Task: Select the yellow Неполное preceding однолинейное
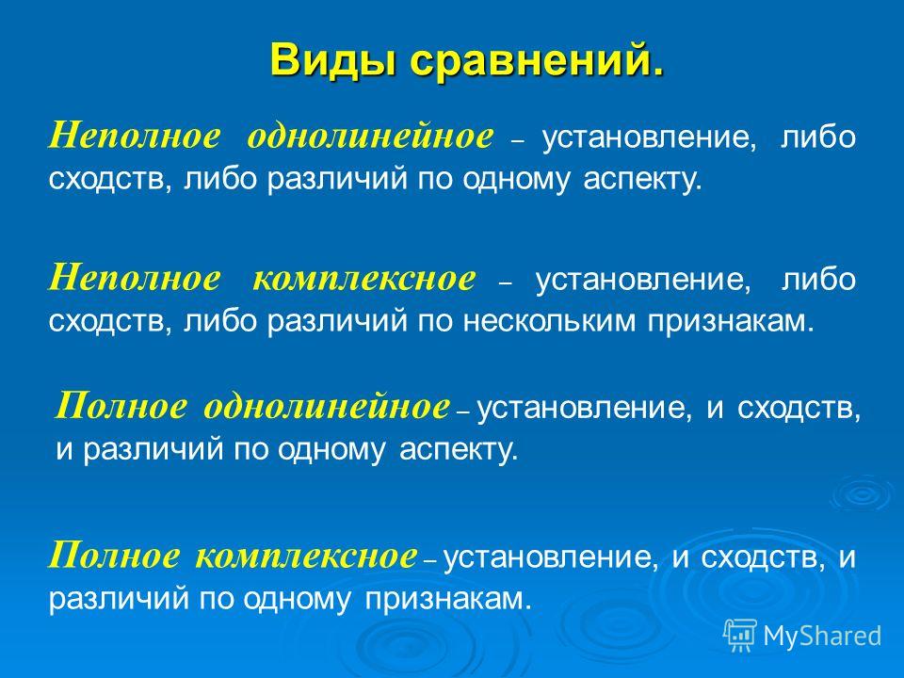pyautogui.click(x=135, y=137)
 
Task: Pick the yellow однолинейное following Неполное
pyautogui.click(x=370, y=137)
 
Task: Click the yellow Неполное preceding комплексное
pyautogui.click(x=135, y=279)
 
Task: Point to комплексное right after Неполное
pyautogui.click(x=364, y=279)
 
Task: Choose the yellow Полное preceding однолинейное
pyautogui.click(x=121, y=407)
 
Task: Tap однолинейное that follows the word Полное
pyautogui.click(x=327, y=407)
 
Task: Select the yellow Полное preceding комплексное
pyautogui.click(x=114, y=557)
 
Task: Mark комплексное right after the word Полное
pyautogui.click(x=305, y=557)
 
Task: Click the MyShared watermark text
pyautogui.click(x=823, y=636)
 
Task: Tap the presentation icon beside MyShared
pyautogui.click(x=740, y=636)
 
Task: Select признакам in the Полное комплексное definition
pyautogui.click(x=447, y=600)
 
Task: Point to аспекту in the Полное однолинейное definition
pyautogui.click(x=459, y=450)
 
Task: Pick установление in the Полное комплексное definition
pyautogui.click(x=552, y=557)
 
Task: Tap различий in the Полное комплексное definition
pyautogui.click(x=119, y=600)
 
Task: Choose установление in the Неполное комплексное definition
pyautogui.click(x=644, y=280)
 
